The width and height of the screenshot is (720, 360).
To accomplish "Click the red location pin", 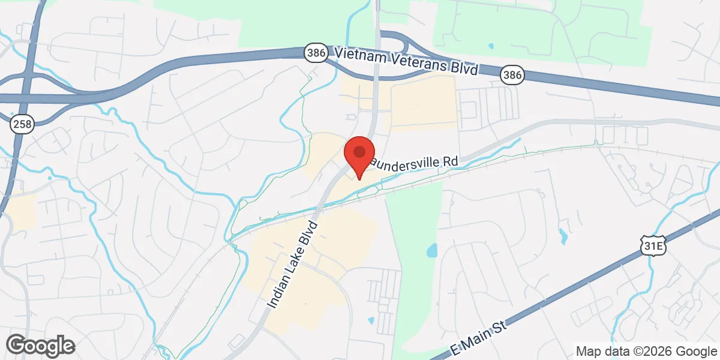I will [x=359, y=155].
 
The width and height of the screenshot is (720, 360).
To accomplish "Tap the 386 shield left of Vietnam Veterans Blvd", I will [x=316, y=53].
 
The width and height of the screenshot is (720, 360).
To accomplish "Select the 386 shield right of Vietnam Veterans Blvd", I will [x=512, y=74].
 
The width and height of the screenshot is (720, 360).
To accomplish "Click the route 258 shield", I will [x=22, y=124].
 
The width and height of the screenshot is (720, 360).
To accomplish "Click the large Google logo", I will [x=40, y=346].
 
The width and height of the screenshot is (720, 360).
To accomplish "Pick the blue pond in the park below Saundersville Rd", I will [x=431, y=250].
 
